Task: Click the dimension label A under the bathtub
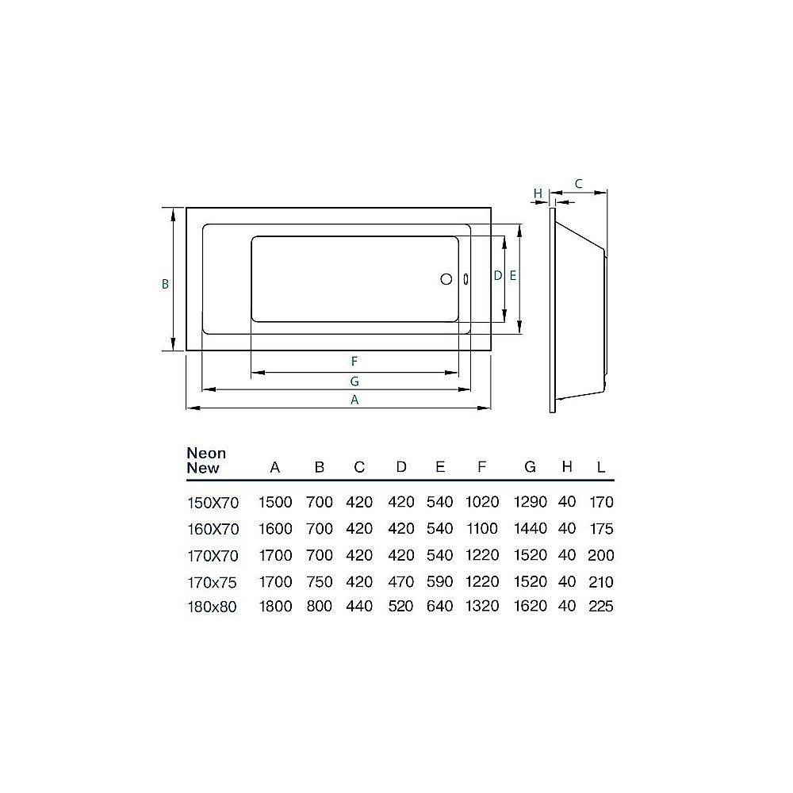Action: click(354, 400)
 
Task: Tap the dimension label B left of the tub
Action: click(165, 284)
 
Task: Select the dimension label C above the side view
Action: click(578, 183)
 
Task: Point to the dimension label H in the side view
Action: click(538, 193)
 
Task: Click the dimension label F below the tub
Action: click(354, 361)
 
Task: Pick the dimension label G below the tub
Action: click(354, 381)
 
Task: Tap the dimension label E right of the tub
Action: click(512, 276)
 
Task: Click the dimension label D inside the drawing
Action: click(497, 276)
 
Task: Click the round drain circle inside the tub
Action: click(446, 278)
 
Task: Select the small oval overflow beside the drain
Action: click(465, 278)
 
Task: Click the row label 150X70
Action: click(211, 502)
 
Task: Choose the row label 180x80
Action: click(211, 607)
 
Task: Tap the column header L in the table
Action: click(600, 467)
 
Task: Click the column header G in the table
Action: click(530, 467)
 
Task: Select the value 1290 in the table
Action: click(531, 502)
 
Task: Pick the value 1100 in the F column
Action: click(481, 529)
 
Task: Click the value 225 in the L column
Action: click(600, 607)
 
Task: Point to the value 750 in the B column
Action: click(319, 582)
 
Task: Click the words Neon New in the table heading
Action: click(206, 460)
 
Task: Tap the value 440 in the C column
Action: click(358, 607)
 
